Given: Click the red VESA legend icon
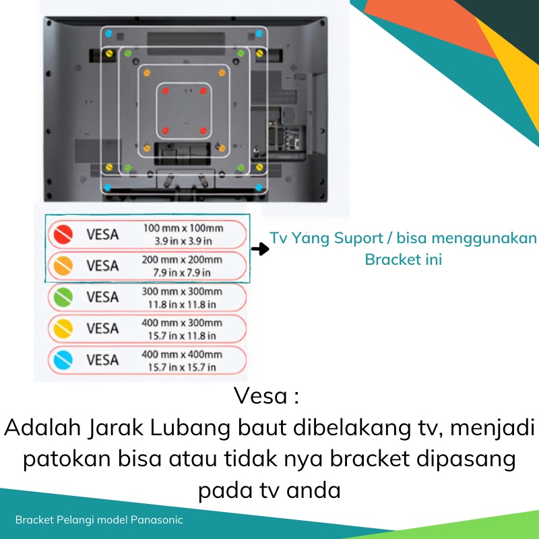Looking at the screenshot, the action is point(63,234).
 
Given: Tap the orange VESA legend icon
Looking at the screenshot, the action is point(63,266).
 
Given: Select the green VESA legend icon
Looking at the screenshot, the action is point(63,297).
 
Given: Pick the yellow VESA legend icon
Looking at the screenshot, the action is point(63,329).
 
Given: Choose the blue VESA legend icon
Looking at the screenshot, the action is point(63,360).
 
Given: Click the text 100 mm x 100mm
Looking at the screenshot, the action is point(182,228).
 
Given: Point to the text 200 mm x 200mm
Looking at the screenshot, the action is point(182,260).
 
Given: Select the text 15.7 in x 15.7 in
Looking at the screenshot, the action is point(182,367).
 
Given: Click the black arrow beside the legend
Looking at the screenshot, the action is point(260,249).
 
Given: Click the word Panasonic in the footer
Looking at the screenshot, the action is point(156,520).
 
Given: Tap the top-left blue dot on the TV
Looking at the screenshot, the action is point(108,33).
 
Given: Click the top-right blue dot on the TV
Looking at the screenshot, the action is point(260,33).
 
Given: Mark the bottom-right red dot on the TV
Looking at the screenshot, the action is point(203,130).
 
